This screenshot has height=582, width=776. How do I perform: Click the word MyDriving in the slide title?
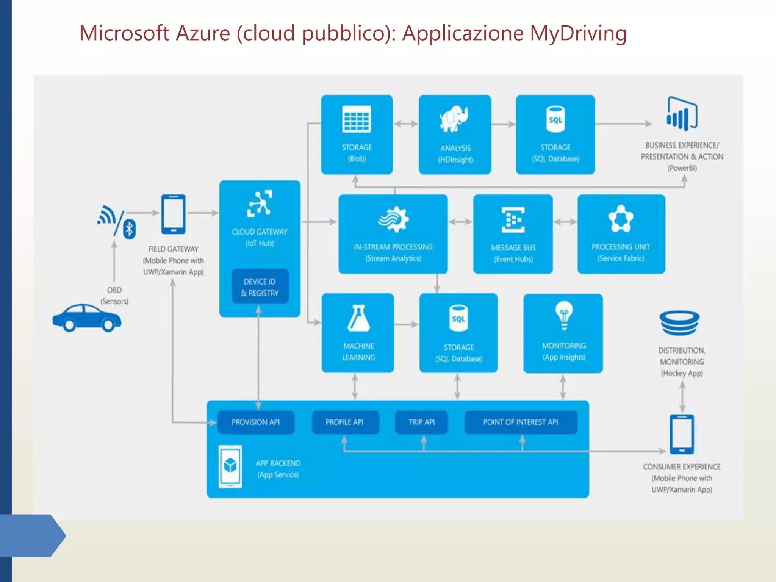578,33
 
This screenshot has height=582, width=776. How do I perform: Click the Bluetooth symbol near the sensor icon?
130,229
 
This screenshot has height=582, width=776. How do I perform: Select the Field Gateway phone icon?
173,214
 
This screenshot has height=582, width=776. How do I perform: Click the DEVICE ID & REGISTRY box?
260,287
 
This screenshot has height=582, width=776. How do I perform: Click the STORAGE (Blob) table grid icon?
356,119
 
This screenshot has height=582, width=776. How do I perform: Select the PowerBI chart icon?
682,114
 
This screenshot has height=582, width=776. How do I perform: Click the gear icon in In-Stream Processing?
394,219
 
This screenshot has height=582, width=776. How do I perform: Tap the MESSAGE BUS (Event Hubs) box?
513,234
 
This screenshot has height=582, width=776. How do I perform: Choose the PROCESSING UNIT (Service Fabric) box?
621,234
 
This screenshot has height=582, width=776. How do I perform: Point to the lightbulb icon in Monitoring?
564,315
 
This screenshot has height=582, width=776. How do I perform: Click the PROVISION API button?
256,422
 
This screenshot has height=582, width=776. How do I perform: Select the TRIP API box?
421,422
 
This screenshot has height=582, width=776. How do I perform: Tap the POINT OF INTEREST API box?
521,422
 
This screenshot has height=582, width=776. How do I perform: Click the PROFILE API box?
345,422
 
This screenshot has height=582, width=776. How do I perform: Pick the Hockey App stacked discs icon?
679,322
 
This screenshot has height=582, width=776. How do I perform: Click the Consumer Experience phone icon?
682,434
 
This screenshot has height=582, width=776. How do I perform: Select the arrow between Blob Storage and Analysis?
405,124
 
